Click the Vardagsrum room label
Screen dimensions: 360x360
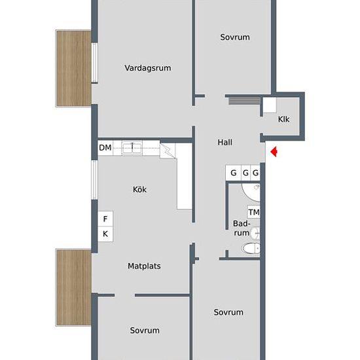(148, 67)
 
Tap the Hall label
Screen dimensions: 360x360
(225, 142)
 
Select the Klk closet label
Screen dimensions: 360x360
(283, 119)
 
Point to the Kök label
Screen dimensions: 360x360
(139, 190)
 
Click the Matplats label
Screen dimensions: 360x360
(144, 266)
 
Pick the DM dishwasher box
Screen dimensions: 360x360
(105, 148)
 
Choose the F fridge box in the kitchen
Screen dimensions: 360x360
(105, 219)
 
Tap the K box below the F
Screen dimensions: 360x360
(105, 234)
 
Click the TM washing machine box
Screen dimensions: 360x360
(254, 212)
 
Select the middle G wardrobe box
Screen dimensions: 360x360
(245, 173)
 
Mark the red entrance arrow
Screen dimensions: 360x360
(275, 152)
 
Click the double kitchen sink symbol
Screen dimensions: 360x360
(132, 148)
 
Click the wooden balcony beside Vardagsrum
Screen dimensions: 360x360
(73, 67)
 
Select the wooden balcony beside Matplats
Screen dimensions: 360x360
(73, 287)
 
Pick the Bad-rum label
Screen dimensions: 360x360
(242, 228)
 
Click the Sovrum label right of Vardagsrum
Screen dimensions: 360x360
(234, 37)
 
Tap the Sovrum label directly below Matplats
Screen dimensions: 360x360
(144, 331)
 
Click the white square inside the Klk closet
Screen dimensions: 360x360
(269, 105)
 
